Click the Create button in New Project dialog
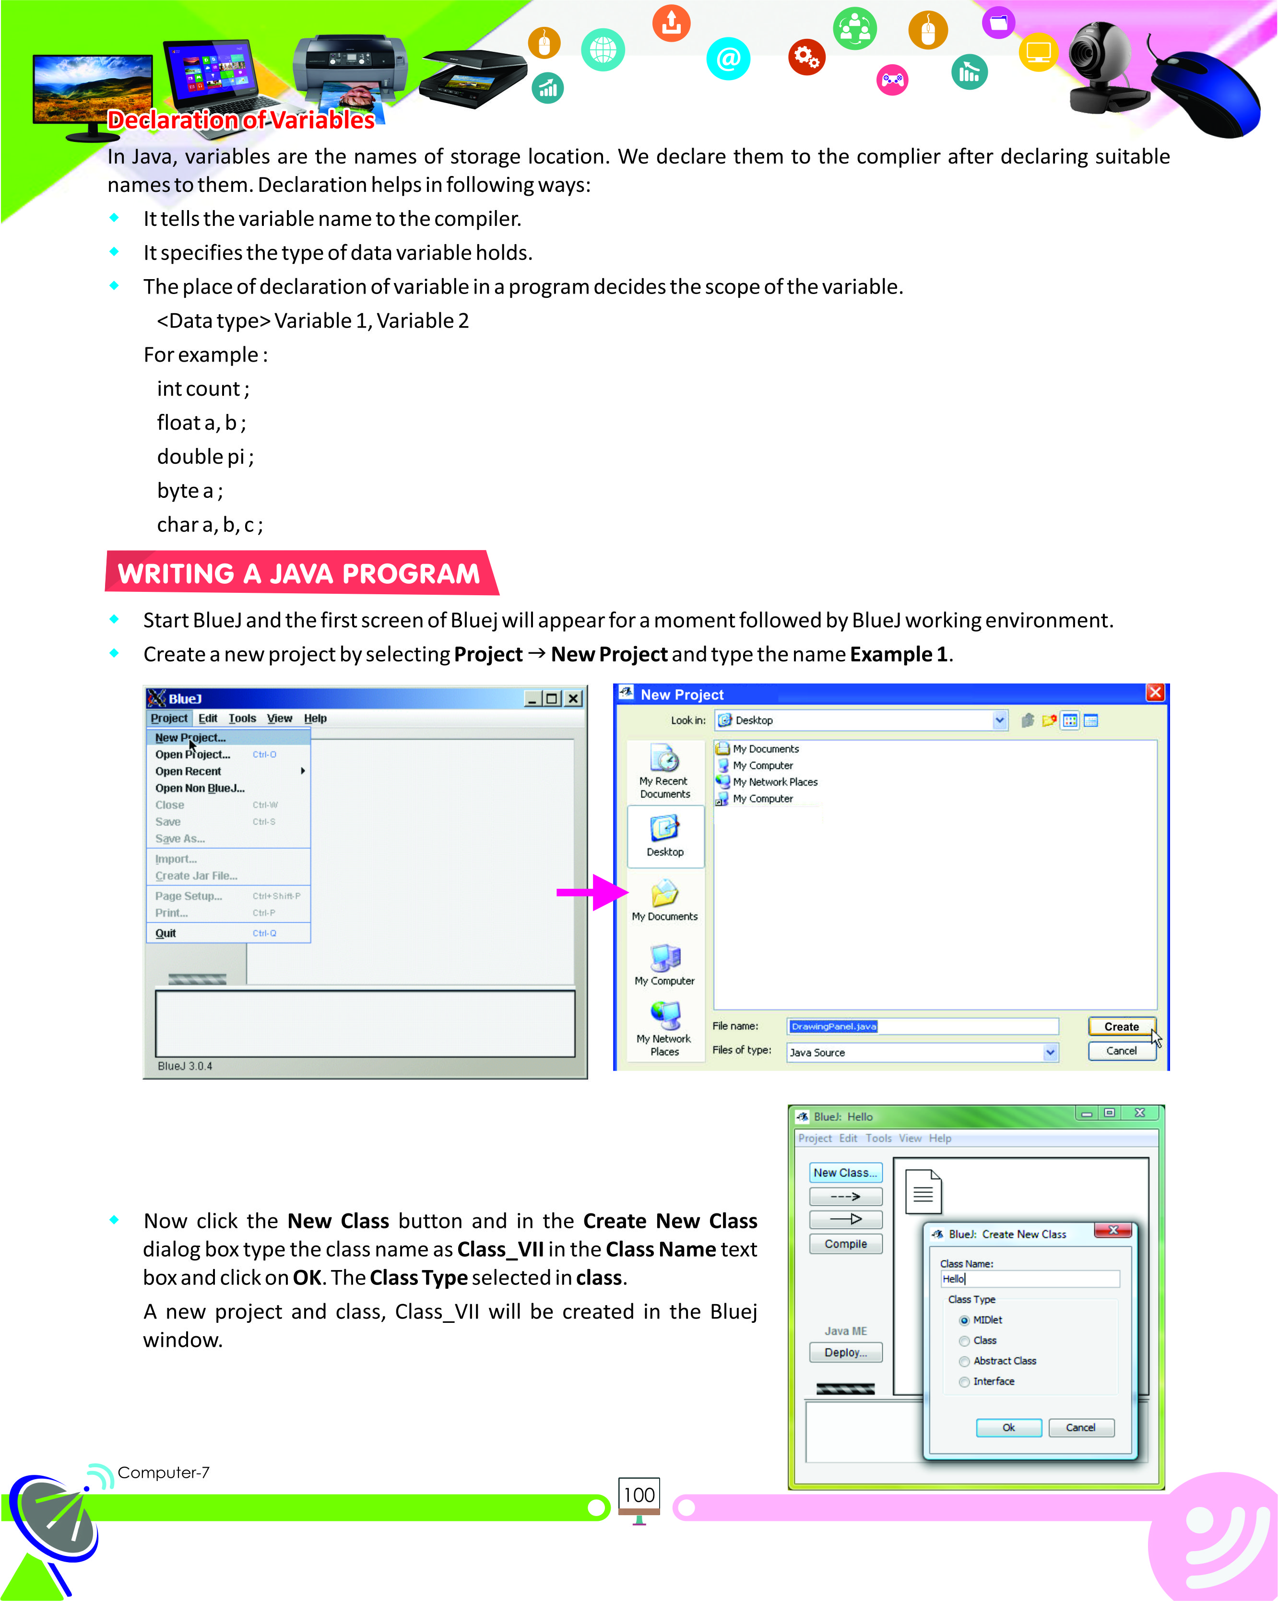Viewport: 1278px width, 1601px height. tap(1121, 1026)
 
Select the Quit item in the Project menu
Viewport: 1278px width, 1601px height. tap(166, 933)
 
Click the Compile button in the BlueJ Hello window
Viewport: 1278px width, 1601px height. tap(845, 1244)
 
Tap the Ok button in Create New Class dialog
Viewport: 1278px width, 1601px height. tap(1008, 1427)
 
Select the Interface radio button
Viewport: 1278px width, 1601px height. tap(964, 1382)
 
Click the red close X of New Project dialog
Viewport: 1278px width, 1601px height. tap(1155, 693)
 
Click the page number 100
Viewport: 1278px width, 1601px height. tap(639, 1495)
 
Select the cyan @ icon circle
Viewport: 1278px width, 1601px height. tap(728, 59)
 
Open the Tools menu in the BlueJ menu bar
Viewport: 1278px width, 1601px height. tap(242, 718)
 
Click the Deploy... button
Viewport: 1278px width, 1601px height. tap(845, 1352)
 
